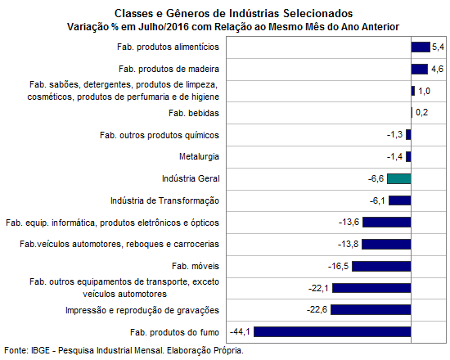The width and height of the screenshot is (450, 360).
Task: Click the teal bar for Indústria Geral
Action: [x=399, y=178]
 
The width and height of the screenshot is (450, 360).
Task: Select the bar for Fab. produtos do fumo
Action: [x=332, y=332]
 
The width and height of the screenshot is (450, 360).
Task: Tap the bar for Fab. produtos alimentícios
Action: [x=421, y=47]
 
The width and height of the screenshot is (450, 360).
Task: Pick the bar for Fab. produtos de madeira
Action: [x=420, y=69]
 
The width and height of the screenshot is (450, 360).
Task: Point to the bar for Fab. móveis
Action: [x=381, y=266]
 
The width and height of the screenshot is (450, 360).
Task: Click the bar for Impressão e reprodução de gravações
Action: [x=371, y=310]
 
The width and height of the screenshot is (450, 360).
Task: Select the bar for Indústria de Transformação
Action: [x=400, y=200]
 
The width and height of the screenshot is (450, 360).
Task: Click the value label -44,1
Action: [x=240, y=332]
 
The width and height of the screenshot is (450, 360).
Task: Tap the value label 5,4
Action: [x=439, y=47]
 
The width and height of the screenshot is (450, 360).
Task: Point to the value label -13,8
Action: [x=348, y=244]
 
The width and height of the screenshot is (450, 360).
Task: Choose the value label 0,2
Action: [x=422, y=113]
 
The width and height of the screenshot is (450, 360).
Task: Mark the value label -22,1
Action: [x=318, y=288]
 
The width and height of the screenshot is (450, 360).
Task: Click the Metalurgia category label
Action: [x=199, y=157]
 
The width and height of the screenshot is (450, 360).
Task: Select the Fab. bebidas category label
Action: [x=194, y=113]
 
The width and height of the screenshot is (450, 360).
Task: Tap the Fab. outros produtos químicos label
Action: [x=160, y=135]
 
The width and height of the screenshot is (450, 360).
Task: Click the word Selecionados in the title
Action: [x=318, y=13]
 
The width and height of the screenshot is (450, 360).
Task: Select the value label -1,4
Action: [x=394, y=157]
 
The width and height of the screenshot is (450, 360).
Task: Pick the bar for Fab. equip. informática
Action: [x=386, y=223]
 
